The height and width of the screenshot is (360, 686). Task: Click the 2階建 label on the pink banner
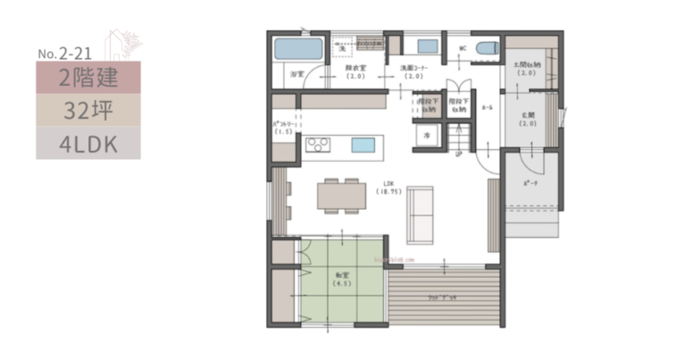(88, 78)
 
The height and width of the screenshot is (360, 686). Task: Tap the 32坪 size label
(88, 111)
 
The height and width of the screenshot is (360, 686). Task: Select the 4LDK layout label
(88, 143)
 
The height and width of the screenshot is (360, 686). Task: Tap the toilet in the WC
(486, 47)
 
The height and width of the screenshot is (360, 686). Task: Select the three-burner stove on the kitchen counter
(318, 144)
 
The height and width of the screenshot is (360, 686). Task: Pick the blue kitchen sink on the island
(363, 145)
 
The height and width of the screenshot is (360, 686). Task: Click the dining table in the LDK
(341, 193)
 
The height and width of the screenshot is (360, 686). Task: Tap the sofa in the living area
(419, 213)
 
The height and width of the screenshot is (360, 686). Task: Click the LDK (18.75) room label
(389, 188)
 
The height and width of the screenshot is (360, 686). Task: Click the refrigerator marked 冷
(427, 135)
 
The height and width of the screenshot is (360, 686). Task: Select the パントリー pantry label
(284, 127)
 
